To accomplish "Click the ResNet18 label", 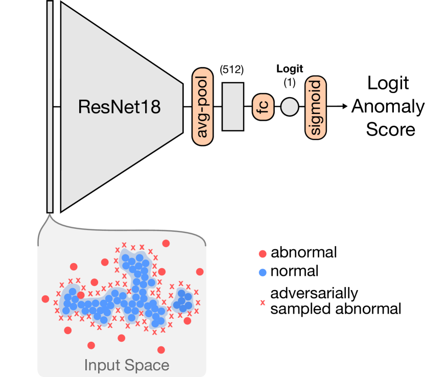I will (x=119, y=107).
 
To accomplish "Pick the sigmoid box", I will (x=315, y=107).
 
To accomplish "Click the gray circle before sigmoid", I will (x=290, y=107).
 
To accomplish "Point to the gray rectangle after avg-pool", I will (x=233, y=107).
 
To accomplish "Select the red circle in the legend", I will (x=263, y=254).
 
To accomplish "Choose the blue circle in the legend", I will (x=263, y=272).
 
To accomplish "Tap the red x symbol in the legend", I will (x=263, y=302).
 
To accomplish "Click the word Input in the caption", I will (x=104, y=366).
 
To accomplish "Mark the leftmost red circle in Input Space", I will (x=45, y=299).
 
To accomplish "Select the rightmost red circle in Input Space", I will (x=200, y=272).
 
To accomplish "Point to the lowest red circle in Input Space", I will (x=161, y=350).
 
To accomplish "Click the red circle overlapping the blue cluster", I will (x=81, y=295).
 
